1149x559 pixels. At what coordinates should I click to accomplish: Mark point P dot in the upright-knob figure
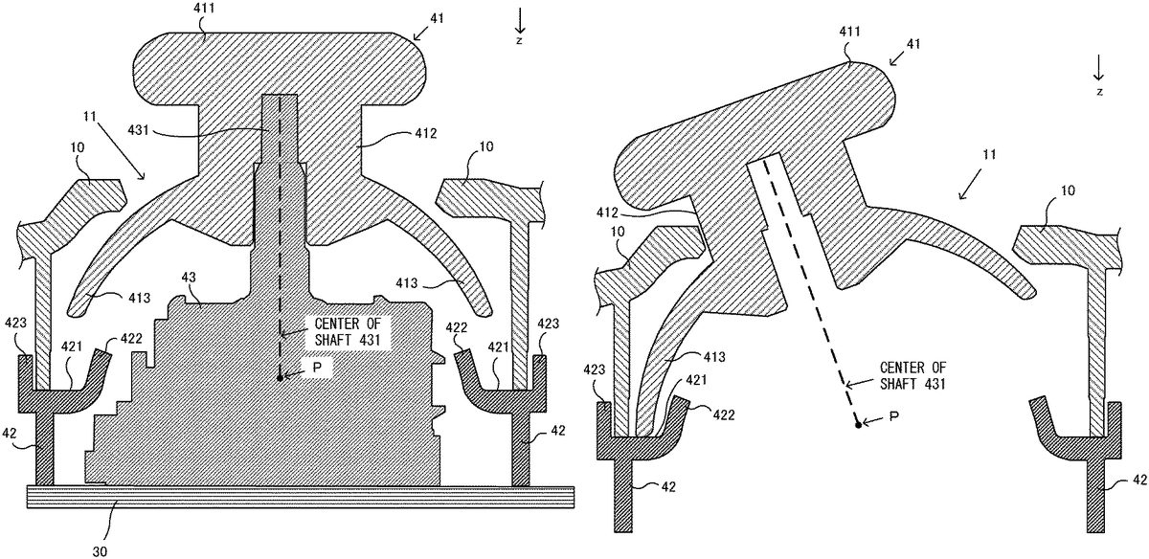coord(280,377)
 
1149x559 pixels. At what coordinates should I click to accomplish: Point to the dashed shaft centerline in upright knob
coord(280,239)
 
